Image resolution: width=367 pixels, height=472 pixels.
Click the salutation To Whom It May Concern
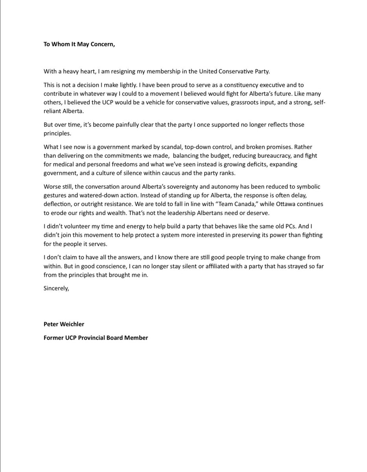tap(79, 44)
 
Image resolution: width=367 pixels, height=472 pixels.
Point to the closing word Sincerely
tap(56, 277)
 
